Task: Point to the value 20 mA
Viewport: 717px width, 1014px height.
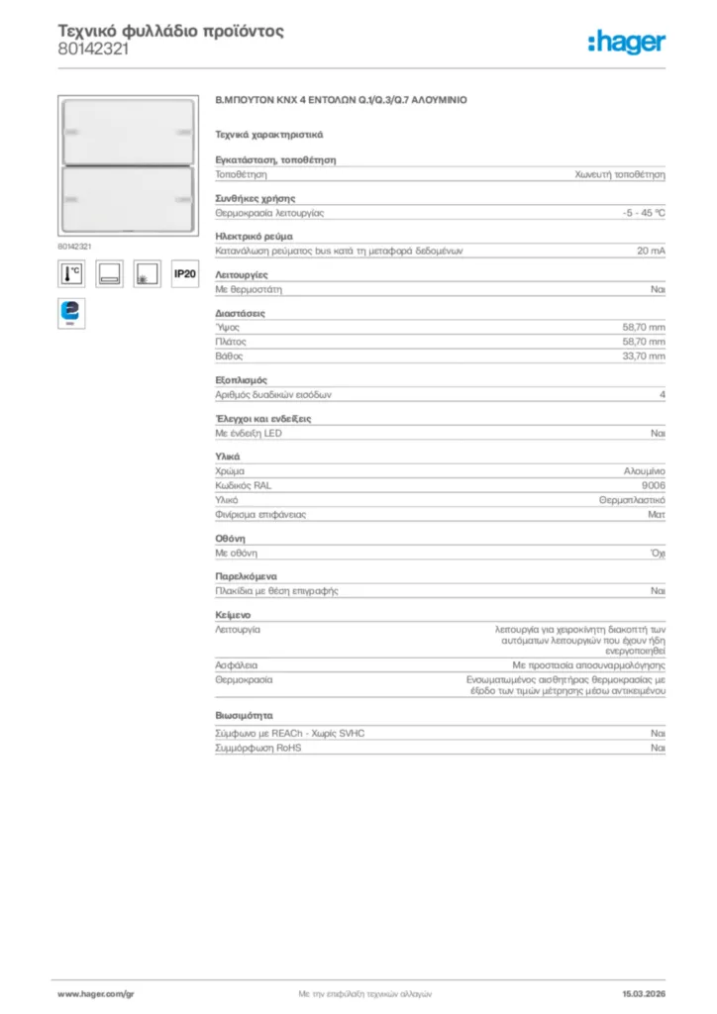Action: (x=651, y=252)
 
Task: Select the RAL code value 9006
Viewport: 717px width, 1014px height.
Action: (x=654, y=486)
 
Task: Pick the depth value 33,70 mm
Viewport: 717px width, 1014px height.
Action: (x=644, y=355)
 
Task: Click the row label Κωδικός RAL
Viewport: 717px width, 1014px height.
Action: (x=243, y=486)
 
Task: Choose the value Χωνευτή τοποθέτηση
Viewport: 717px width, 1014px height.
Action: (x=620, y=173)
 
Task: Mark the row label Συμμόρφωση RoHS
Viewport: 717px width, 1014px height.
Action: (x=258, y=748)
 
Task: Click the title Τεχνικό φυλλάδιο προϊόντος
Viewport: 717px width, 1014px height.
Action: (x=170, y=31)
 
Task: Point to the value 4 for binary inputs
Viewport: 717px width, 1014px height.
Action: (x=662, y=394)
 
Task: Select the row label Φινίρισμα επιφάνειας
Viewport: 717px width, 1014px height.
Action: (x=260, y=514)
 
